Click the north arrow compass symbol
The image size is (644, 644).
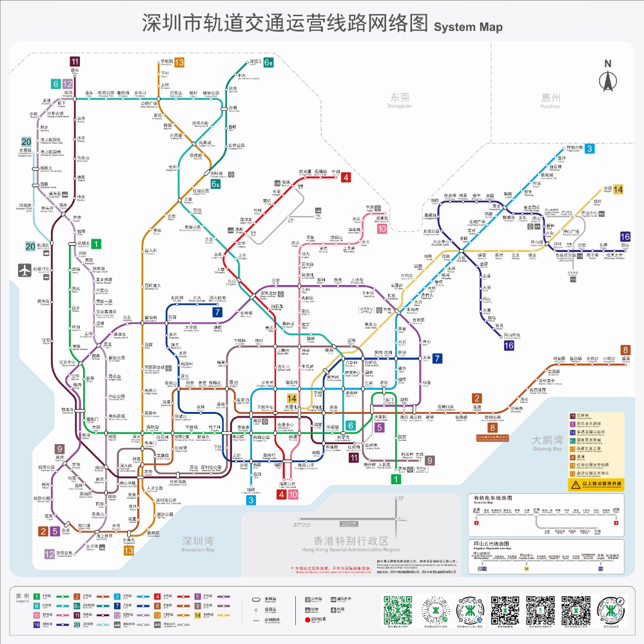(607, 78)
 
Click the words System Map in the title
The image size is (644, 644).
(468, 27)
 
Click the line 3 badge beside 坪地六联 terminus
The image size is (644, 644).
(589, 148)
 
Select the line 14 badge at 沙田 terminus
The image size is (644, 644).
(618, 189)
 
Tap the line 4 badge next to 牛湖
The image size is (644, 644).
(346, 177)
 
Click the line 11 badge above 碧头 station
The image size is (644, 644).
(75, 61)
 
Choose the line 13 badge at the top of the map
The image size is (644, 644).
(179, 63)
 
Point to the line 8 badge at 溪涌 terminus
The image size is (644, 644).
(625, 349)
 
